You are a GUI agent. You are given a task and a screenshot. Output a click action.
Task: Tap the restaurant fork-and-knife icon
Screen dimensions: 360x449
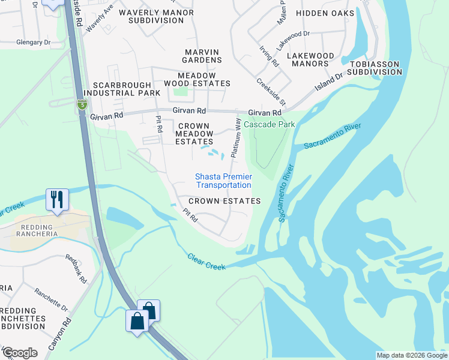58,199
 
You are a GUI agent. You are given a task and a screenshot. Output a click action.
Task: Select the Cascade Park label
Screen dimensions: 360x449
277,124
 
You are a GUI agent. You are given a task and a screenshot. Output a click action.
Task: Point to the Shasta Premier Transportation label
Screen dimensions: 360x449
224,181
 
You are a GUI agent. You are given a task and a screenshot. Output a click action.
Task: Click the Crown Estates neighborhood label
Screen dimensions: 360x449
224,201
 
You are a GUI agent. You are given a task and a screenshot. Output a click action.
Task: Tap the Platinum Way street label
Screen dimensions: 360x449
237,138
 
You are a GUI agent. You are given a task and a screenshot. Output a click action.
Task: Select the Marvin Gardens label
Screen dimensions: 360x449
203,56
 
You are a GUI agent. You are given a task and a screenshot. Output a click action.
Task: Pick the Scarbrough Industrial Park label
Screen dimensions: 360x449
122,89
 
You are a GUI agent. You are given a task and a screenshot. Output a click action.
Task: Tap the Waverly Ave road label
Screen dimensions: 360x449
99,19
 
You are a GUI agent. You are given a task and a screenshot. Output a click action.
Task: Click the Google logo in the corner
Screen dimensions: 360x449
19,353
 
